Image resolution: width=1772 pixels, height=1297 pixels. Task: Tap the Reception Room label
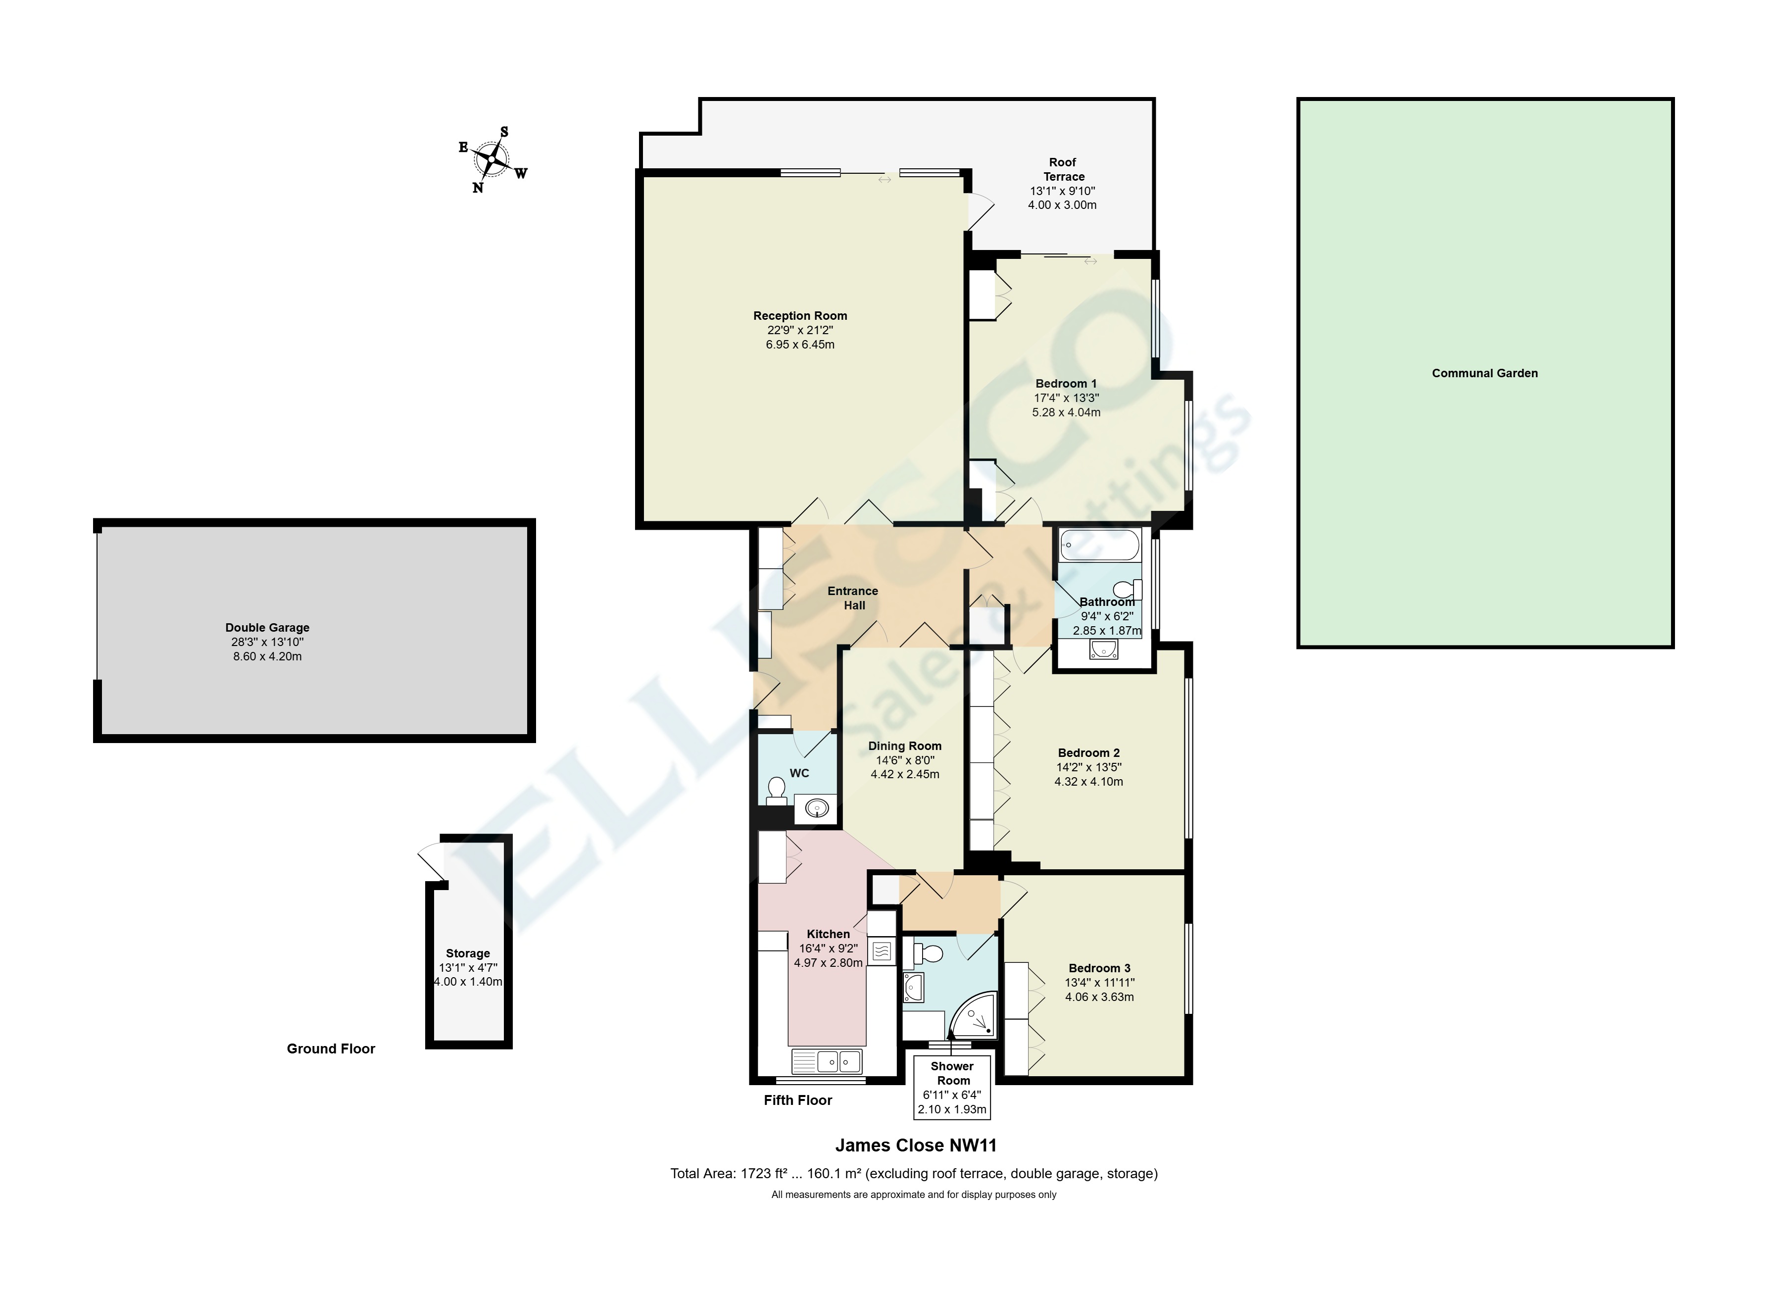tap(799, 316)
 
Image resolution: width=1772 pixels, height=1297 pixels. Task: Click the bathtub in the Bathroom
tap(1098, 545)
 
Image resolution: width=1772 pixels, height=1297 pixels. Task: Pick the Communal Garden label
tap(1484, 373)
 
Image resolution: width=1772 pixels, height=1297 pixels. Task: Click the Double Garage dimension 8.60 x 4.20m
tap(267, 656)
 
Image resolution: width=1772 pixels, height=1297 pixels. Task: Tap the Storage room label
tap(467, 953)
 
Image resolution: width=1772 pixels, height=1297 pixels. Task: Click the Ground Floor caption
tap(331, 1049)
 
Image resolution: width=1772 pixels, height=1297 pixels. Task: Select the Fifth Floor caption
tap(798, 1100)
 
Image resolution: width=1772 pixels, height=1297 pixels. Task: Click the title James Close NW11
tap(915, 1146)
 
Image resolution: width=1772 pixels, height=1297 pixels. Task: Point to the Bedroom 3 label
tap(1099, 968)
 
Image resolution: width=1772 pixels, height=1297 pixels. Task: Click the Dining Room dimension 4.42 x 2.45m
tap(904, 774)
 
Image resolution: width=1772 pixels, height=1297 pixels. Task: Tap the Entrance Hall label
tap(853, 598)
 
